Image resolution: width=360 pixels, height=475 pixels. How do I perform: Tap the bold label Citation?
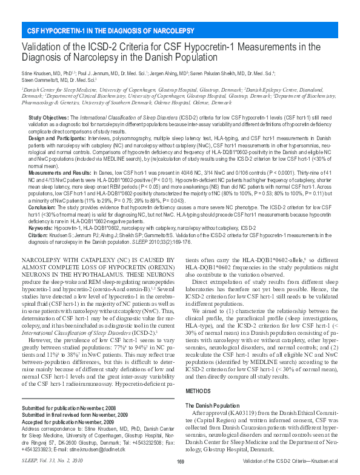[39, 234]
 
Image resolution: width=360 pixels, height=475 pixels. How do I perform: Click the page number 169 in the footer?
[180, 463]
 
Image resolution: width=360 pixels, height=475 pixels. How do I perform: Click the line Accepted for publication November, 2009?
[68, 421]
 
